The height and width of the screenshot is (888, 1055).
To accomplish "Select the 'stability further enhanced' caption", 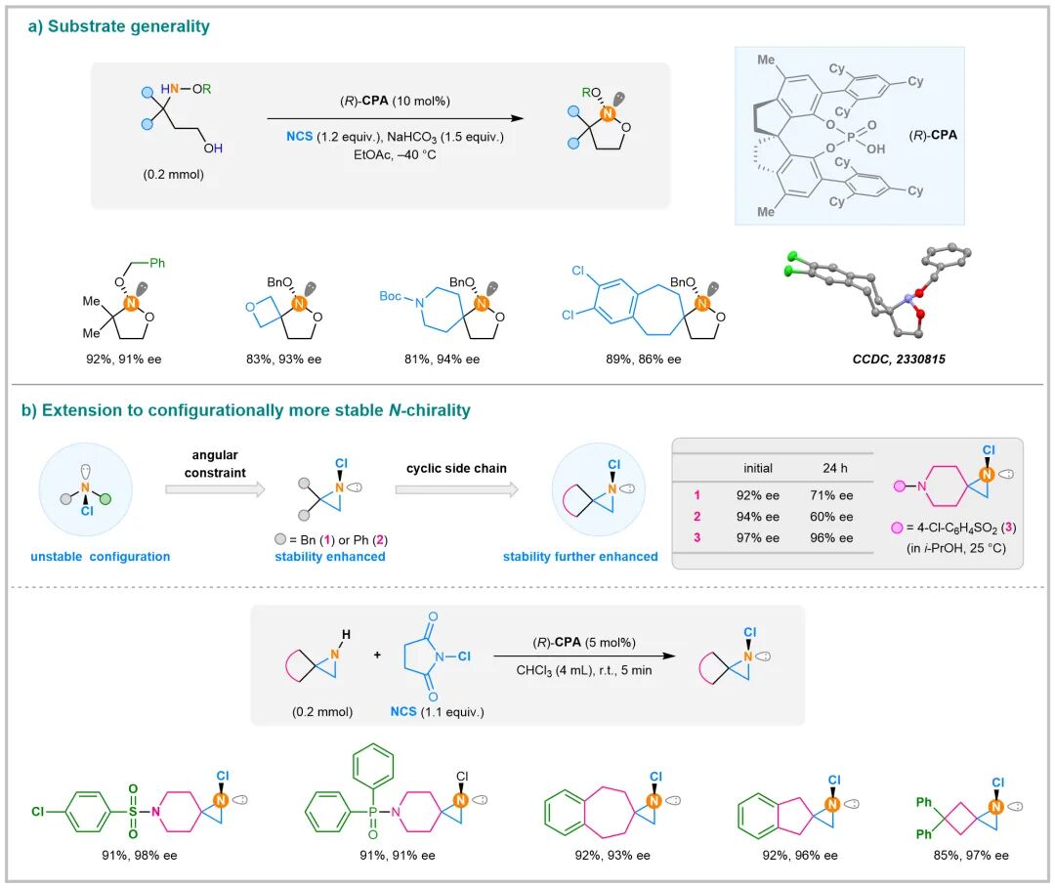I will (579, 557).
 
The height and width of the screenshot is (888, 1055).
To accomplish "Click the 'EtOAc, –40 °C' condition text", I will (387, 154).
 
